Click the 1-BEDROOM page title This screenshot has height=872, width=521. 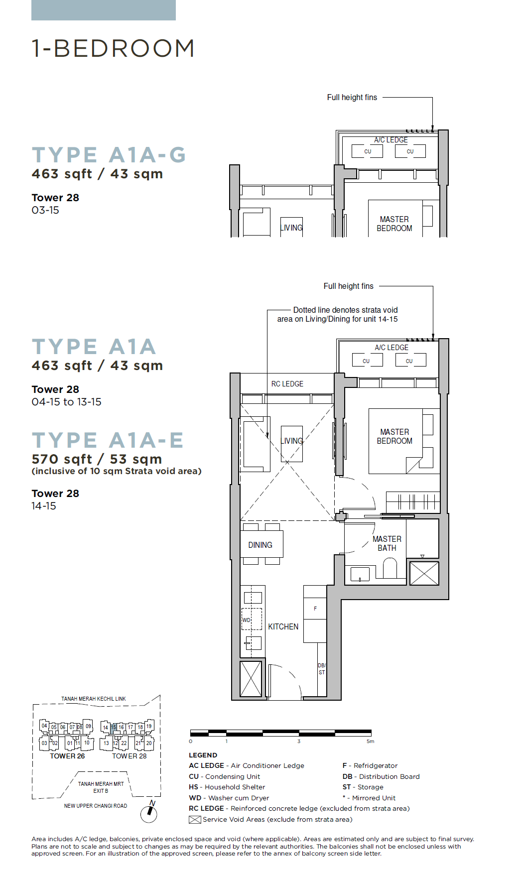[113, 48]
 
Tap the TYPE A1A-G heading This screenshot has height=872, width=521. [109, 155]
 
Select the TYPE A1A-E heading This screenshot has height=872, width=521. [108, 440]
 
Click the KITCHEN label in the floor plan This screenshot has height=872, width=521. [283, 626]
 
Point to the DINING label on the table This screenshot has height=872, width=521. [260, 545]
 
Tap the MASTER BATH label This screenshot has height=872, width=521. [387, 543]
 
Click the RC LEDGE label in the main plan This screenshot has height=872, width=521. [287, 384]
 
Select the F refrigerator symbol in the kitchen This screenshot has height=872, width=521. [315, 609]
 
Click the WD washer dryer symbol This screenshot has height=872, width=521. [252, 620]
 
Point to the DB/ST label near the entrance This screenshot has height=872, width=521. [322, 669]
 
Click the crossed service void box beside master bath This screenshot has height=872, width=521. [424, 573]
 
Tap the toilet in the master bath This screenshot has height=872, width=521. [390, 568]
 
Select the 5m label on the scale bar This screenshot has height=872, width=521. [370, 742]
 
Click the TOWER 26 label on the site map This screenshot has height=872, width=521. [67, 756]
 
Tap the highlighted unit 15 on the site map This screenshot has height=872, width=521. [114, 727]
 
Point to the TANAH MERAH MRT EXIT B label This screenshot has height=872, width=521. [101, 787]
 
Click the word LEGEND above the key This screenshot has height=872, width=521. [203, 755]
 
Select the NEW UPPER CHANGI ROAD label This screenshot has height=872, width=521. [96, 806]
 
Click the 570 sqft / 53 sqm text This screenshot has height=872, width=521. [97, 459]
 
